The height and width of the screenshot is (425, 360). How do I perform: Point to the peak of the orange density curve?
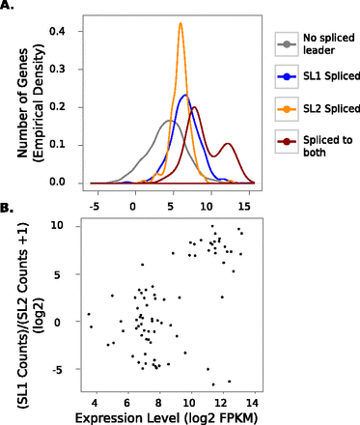click(x=180, y=24)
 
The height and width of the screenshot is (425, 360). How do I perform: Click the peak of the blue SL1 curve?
click(x=186, y=95)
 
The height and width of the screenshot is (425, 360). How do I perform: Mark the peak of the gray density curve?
click(x=170, y=120)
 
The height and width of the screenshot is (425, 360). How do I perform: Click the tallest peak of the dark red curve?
click(x=195, y=108)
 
